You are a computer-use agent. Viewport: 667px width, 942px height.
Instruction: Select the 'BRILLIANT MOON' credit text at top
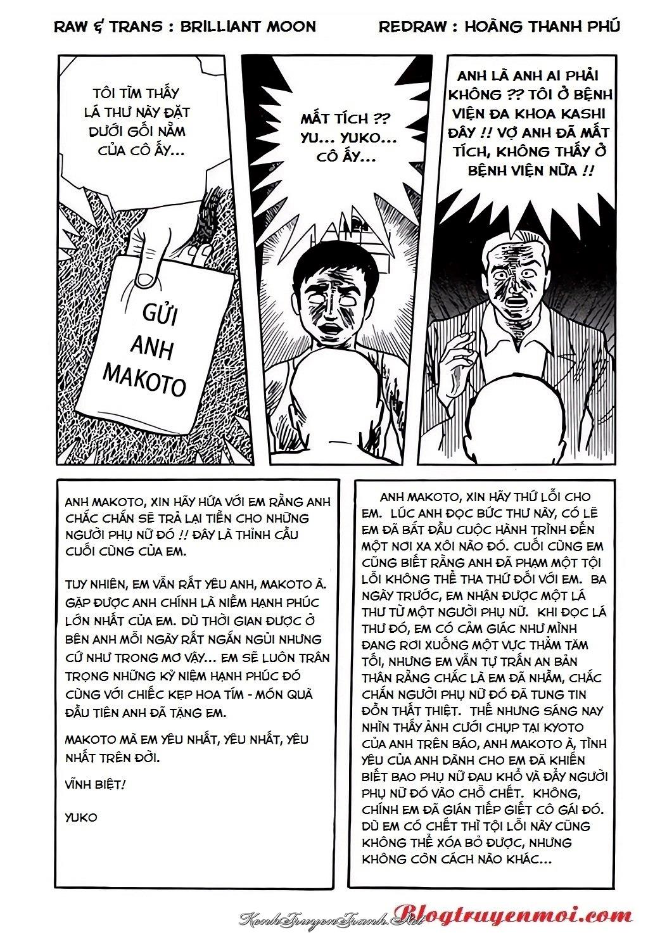pyautogui.click(x=248, y=27)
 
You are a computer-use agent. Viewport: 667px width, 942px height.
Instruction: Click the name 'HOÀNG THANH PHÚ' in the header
pyautogui.click(x=542, y=27)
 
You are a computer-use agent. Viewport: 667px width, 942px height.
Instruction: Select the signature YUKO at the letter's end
pyautogui.click(x=81, y=817)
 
